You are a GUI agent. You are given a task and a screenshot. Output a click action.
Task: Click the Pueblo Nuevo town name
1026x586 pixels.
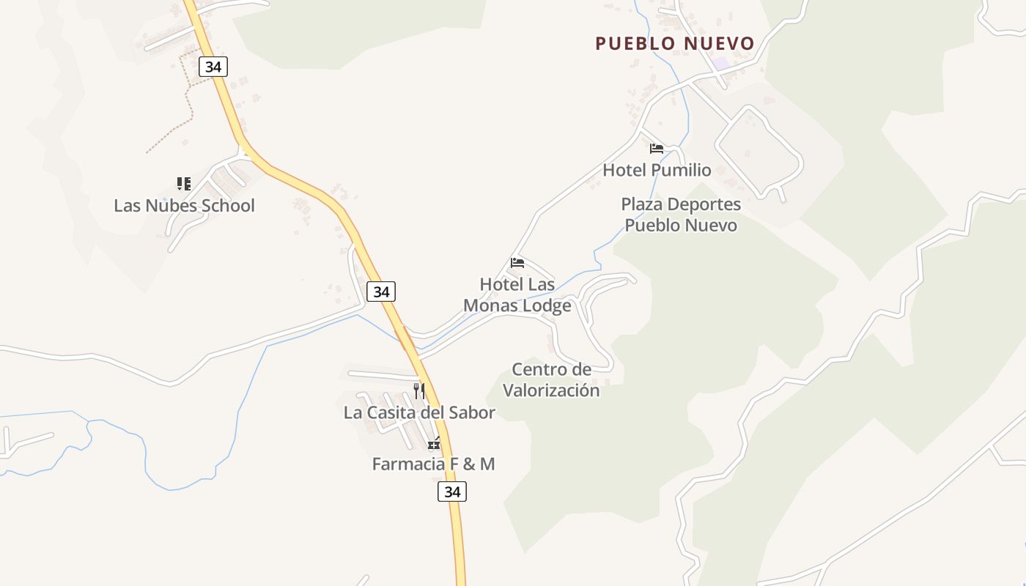pyautogui.click(x=674, y=44)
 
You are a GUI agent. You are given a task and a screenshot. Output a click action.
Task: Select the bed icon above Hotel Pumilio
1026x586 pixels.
pyautogui.click(x=657, y=149)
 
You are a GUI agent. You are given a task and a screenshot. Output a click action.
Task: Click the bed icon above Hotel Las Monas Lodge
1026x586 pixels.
pyautogui.click(x=517, y=263)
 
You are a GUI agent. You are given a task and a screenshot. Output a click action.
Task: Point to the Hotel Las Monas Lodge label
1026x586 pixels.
pyautogui.click(x=517, y=294)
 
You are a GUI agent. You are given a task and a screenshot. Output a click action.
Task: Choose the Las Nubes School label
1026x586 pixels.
pyautogui.click(x=184, y=206)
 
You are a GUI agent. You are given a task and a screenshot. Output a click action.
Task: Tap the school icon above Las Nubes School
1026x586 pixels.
pyautogui.click(x=184, y=183)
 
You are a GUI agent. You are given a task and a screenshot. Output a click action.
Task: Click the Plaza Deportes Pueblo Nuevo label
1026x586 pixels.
pyautogui.click(x=681, y=215)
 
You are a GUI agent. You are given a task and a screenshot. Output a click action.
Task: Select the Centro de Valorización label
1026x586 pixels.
pyautogui.click(x=551, y=379)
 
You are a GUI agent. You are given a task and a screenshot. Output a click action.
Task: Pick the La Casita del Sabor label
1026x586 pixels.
pyautogui.click(x=419, y=412)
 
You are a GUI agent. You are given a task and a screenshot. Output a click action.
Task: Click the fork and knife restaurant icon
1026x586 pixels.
pyautogui.click(x=419, y=391)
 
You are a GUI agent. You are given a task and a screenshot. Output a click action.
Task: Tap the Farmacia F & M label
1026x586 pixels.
pyautogui.click(x=433, y=464)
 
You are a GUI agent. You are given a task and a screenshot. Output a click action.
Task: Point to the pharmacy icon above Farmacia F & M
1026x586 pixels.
pyautogui.click(x=435, y=443)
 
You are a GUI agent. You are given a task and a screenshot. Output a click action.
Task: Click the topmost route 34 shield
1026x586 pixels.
pyautogui.click(x=213, y=67)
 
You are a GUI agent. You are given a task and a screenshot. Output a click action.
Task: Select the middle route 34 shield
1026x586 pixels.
pyautogui.click(x=381, y=292)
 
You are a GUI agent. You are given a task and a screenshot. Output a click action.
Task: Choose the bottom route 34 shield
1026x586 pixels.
pyautogui.click(x=452, y=492)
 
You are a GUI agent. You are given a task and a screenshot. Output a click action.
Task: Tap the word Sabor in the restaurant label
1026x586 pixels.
pyautogui.click(x=470, y=412)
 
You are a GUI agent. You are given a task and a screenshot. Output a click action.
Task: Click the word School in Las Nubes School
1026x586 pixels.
pyautogui.click(x=228, y=206)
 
